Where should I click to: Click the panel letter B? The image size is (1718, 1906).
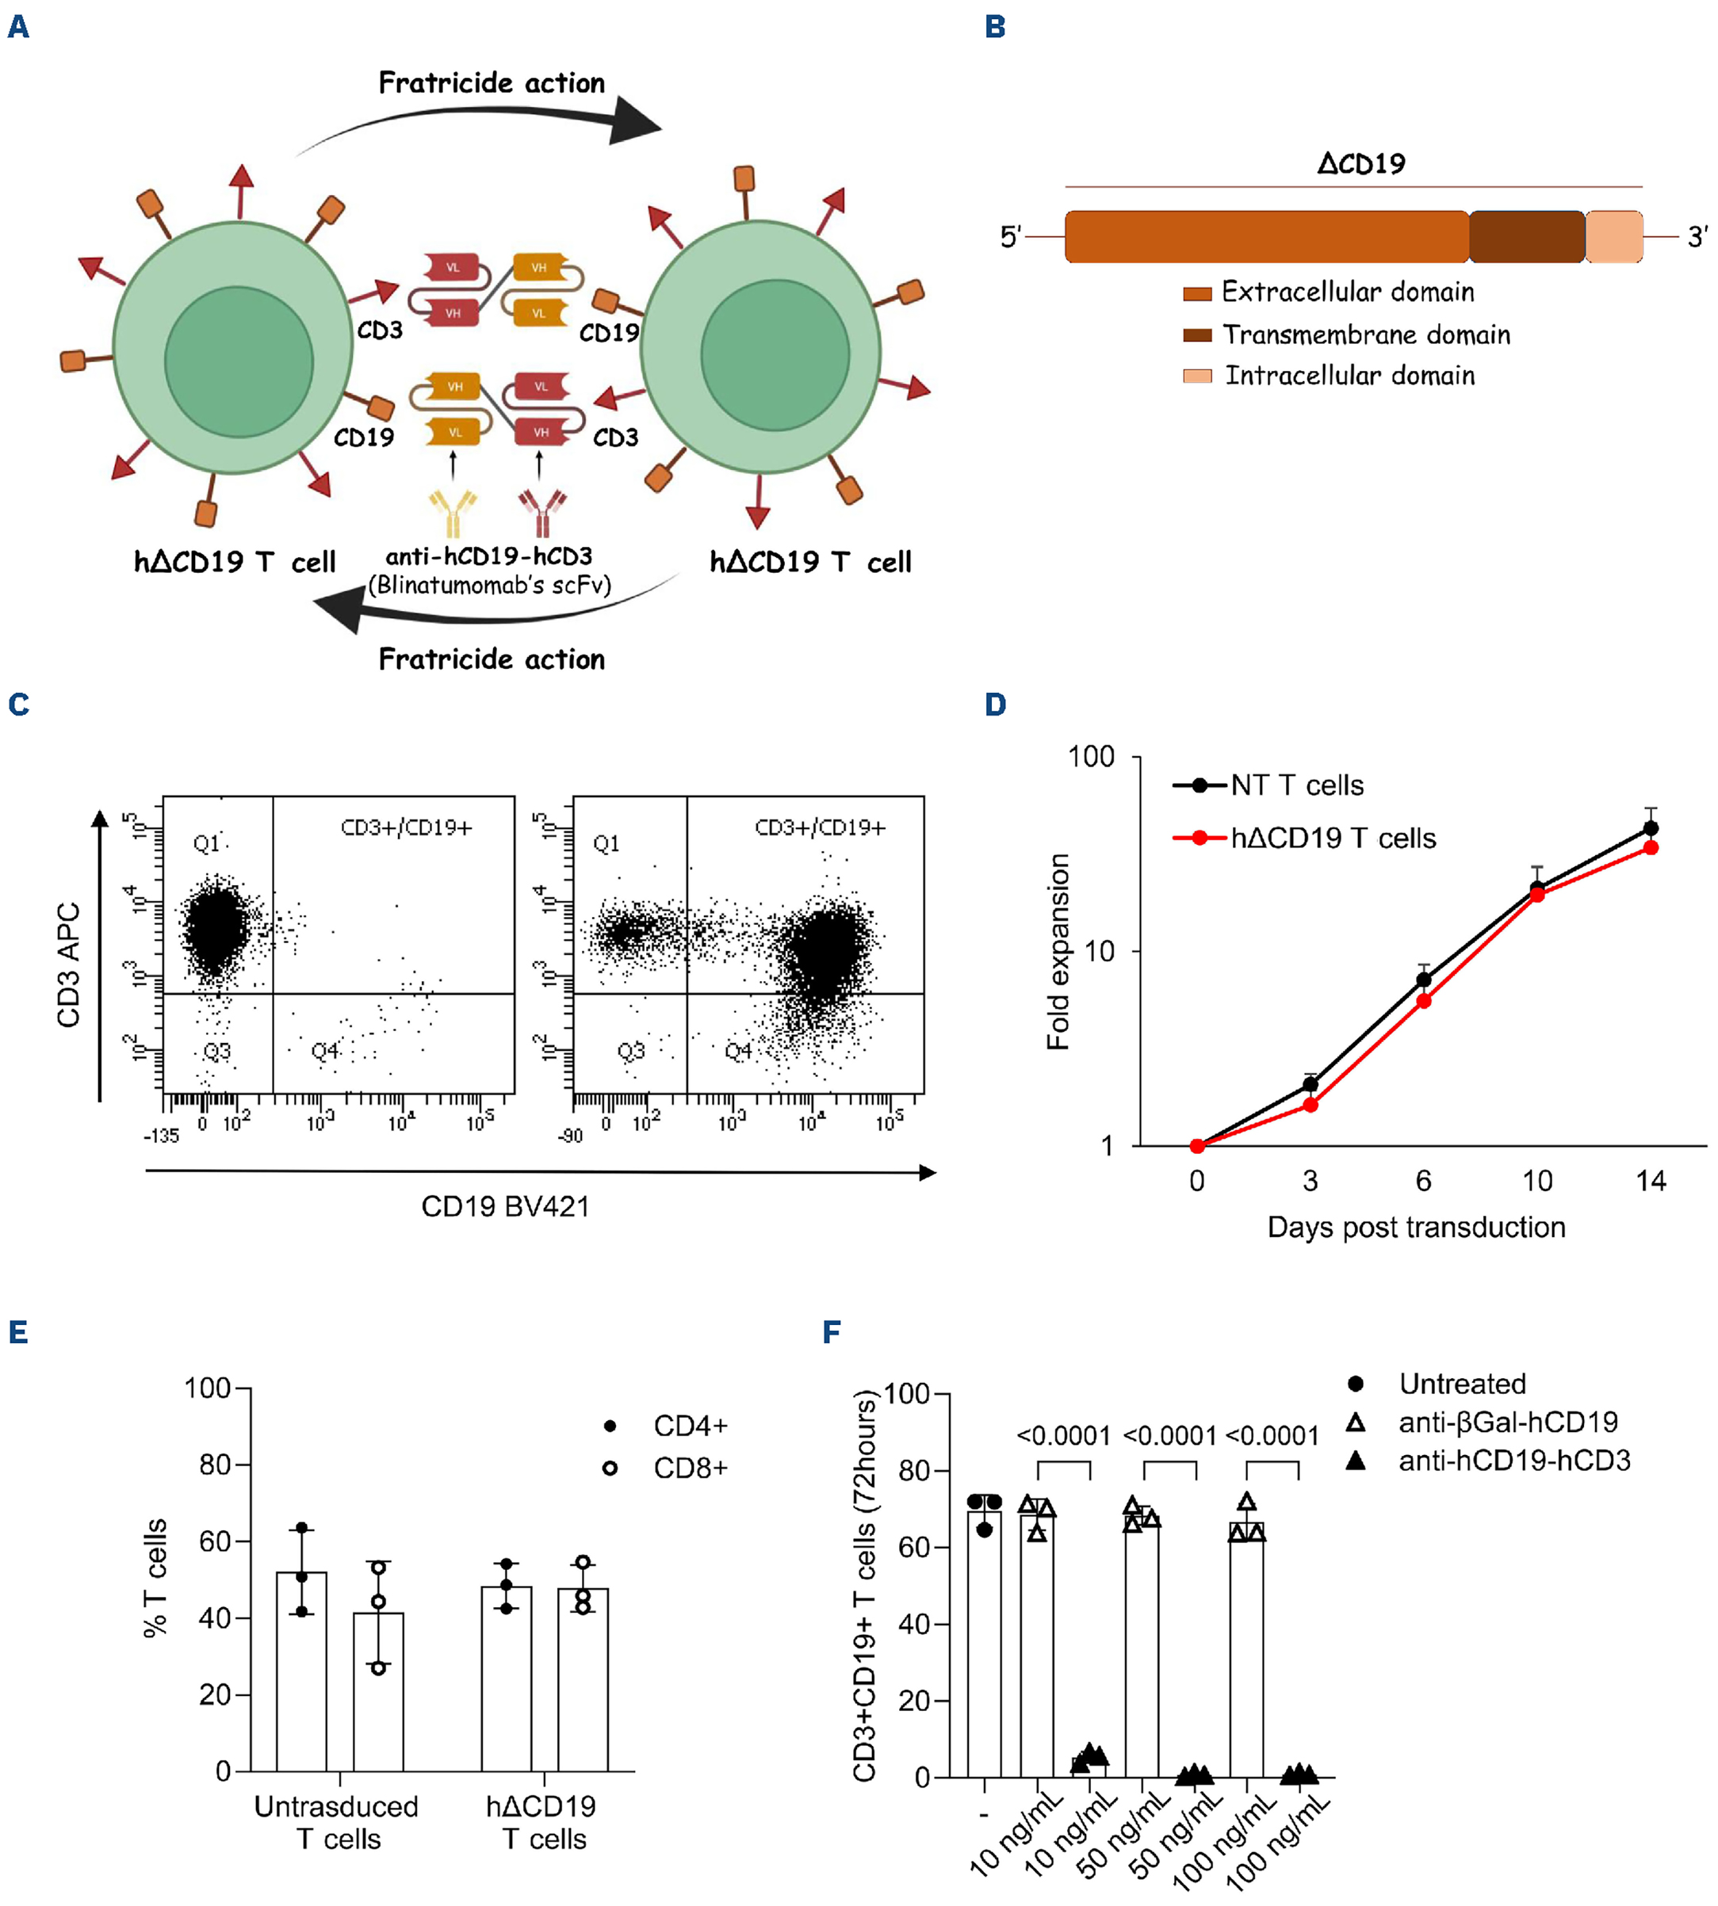point(995,26)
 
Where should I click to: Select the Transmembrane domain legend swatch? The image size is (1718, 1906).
point(1197,335)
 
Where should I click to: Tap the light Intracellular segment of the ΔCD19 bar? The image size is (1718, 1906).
point(1613,237)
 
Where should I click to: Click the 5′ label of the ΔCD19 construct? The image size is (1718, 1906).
point(1010,237)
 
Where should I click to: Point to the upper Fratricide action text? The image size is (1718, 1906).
point(491,83)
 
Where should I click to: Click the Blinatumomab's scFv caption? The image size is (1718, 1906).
point(489,585)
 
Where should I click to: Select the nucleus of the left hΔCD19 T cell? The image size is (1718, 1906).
point(239,361)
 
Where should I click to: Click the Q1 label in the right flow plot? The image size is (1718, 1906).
point(606,842)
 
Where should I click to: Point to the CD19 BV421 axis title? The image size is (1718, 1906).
point(505,1206)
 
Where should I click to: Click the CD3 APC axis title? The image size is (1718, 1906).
point(68,964)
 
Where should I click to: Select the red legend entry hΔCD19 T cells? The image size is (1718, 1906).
point(1332,838)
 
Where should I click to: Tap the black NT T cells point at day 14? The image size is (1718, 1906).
point(1650,828)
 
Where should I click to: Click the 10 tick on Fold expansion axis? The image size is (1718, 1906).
point(1100,951)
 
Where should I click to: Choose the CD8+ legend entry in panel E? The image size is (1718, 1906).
point(690,1469)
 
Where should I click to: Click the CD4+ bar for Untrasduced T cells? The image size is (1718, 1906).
point(301,1672)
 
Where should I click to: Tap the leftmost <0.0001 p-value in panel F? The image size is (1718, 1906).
point(1063,1436)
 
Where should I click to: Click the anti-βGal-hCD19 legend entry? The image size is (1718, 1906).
point(1507,1422)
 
